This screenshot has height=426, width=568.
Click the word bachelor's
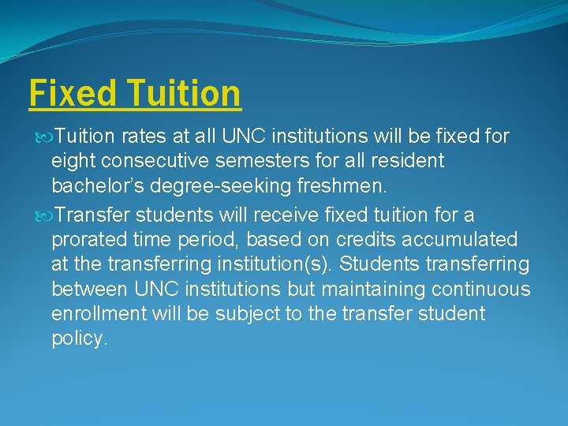click(105, 187)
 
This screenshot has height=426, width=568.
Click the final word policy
click(79, 339)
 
